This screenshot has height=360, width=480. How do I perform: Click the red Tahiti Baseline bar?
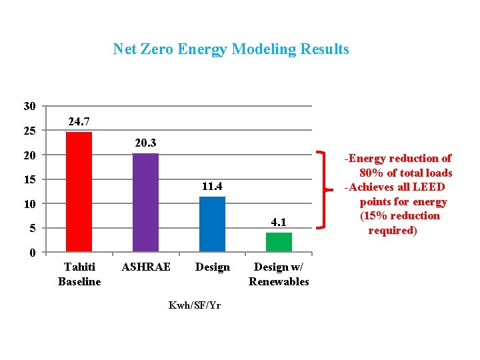(79, 192)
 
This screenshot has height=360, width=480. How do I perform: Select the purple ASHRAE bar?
(145, 203)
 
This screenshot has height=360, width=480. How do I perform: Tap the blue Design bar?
(212, 224)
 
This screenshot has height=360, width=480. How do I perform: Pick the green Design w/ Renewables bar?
(279, 242)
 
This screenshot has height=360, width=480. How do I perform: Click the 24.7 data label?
(79, 121)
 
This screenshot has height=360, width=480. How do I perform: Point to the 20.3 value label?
(145, 143)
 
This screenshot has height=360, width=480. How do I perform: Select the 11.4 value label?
(212, 186)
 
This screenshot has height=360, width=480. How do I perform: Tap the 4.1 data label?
(279, 221)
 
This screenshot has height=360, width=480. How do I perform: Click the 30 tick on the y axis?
(29, 106)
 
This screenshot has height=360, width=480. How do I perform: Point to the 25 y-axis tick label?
(29, 131)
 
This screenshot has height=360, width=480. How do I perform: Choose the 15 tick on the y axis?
(29, 179)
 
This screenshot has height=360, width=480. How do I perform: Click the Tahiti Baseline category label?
(79, 274)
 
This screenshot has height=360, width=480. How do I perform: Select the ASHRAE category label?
(145, 267)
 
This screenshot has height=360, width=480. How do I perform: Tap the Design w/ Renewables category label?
(279, 274)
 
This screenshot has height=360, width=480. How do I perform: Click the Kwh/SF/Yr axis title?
(194, 305)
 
